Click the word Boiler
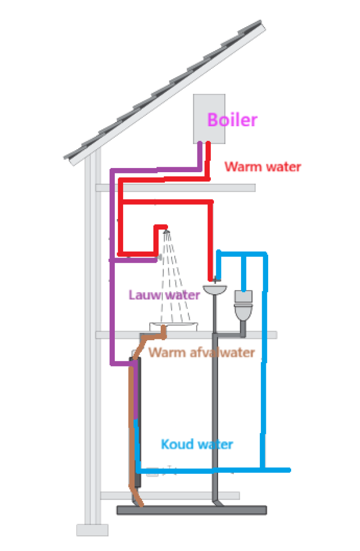click(x=232, y=120)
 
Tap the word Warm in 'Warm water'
click(x=240, y=166)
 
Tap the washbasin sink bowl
click(x=215, y=289)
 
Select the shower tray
click(x=174, y=327)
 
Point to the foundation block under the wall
click(x=92, y=530)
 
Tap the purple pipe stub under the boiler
click(x=200, y=154)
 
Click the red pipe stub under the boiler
click(x=208, y=154)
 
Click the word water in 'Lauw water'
click(x=182, y=295)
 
